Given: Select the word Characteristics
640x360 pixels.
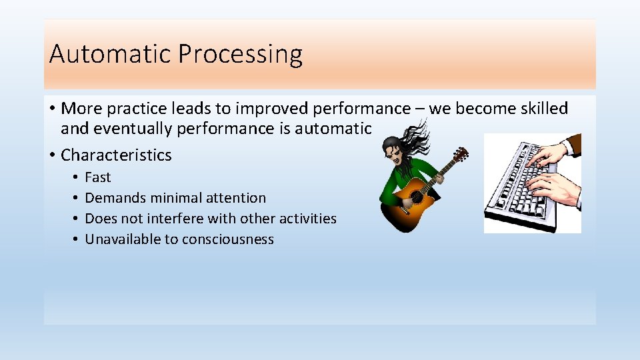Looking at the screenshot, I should point(116,155).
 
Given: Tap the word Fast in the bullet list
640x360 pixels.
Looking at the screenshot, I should point(98,177).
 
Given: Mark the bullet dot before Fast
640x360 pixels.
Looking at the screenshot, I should point(76,177).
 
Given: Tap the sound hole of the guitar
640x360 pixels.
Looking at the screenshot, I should point(417,197).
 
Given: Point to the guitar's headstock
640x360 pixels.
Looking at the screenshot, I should point(460,155).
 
